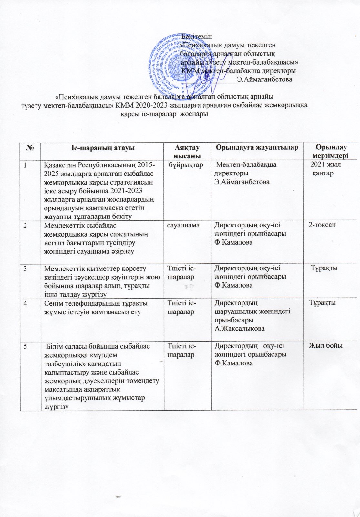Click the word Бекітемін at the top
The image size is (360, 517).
197,37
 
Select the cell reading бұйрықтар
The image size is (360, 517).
186,165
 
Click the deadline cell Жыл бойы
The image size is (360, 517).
326,346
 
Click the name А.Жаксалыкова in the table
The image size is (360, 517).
240,328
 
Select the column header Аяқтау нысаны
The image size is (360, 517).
187,151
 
